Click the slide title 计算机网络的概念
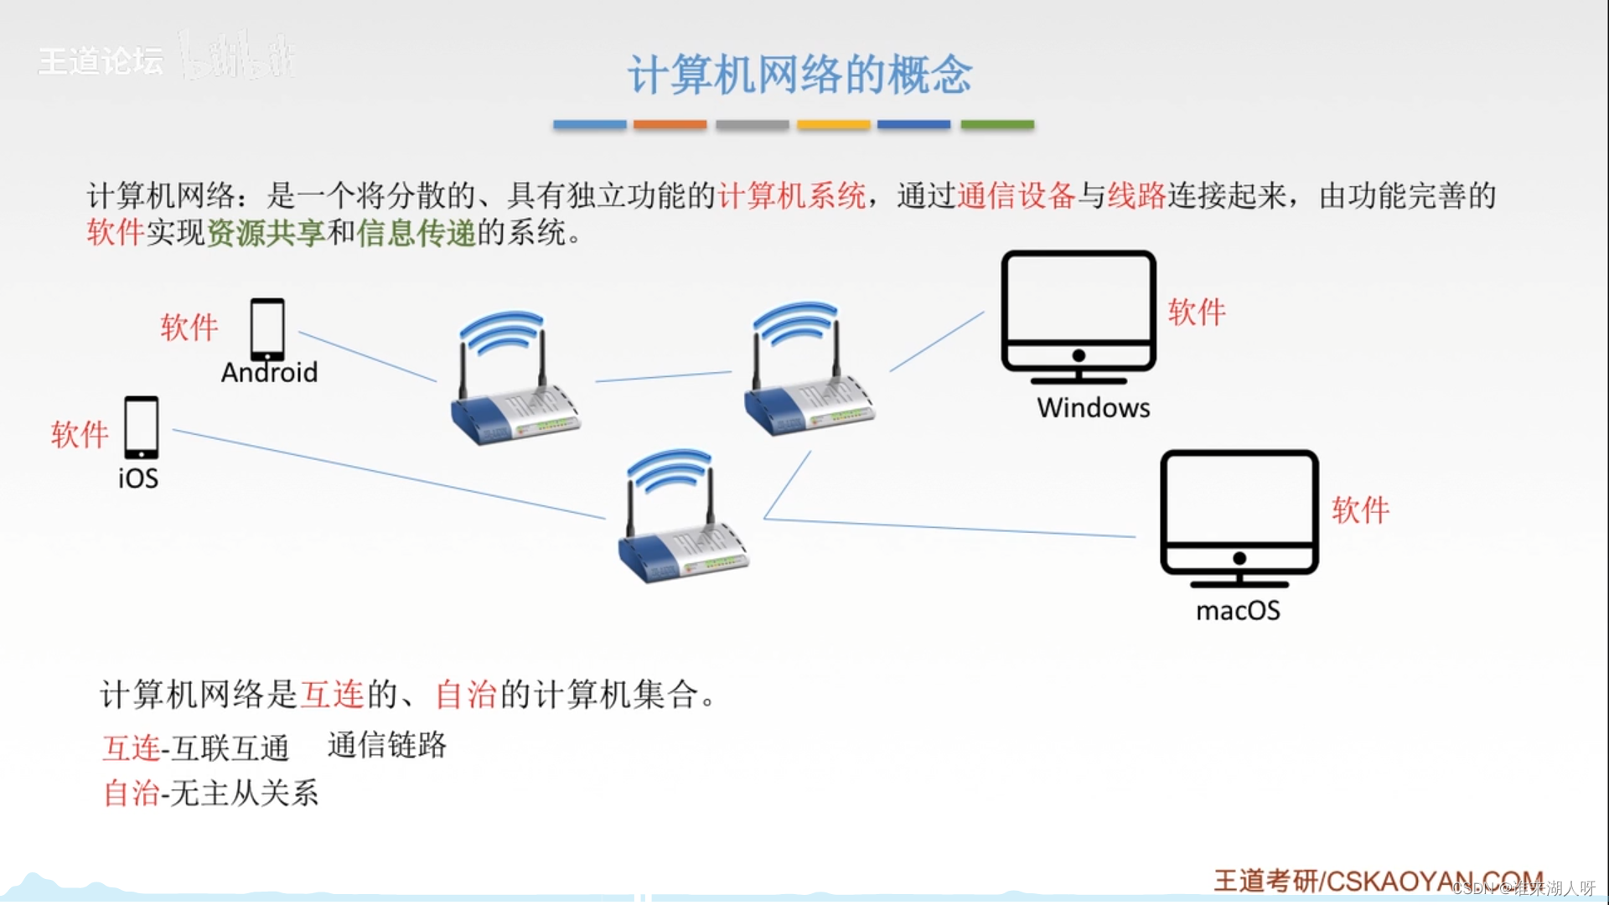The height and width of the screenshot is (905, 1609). click(799, 75)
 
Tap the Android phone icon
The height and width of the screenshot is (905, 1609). click(267, 329)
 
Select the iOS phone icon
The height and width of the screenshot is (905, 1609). click(141, 427)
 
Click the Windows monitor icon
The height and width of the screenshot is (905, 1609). click(1079, 312)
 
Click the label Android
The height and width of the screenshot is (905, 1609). click(269, 372)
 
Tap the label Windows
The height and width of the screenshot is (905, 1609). click(1093, 408)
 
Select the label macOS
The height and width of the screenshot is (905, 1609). click(1238, 611)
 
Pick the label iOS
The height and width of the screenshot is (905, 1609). click(138, 478)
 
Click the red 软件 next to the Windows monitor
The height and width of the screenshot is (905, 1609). click(1197, 312)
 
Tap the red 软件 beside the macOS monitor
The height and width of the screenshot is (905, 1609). click(1360, 509)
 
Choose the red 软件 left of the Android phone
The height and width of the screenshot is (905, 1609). click(189, 327)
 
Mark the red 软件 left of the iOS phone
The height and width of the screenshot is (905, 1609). click(80, 434)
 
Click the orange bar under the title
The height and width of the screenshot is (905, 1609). click(670, 125)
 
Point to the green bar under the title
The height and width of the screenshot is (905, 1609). click(996, 125)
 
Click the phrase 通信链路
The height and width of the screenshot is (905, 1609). click(386, 745)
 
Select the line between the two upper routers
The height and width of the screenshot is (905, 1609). click(663, 376)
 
